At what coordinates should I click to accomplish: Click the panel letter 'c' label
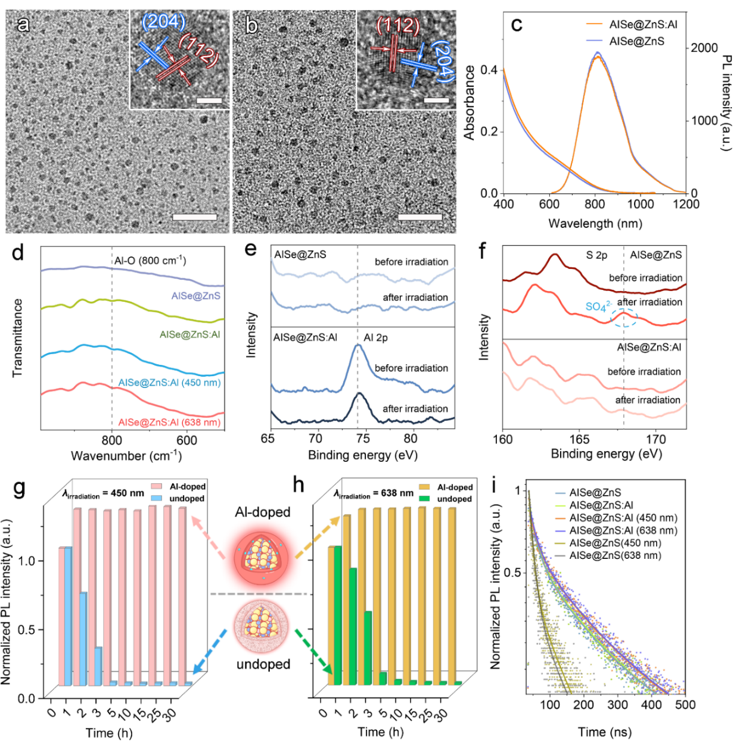(517, 24)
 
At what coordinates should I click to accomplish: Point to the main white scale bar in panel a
(194, 217)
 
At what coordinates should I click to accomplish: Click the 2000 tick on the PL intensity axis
(704, 48)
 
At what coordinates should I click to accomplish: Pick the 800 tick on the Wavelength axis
(595, 204)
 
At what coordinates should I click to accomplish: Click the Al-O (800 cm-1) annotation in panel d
(150, 261)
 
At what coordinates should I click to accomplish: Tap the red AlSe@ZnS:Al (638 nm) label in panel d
(169, 423)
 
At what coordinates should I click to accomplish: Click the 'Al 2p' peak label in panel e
(376, 337)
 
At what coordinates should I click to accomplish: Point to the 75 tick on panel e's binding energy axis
(363, 439)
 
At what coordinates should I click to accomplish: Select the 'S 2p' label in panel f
(596, 255)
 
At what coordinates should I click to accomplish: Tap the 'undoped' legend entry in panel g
(186, 498)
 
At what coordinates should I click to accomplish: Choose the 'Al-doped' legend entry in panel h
(455, 487)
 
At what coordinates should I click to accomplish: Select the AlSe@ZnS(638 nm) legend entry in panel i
(615, 555)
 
